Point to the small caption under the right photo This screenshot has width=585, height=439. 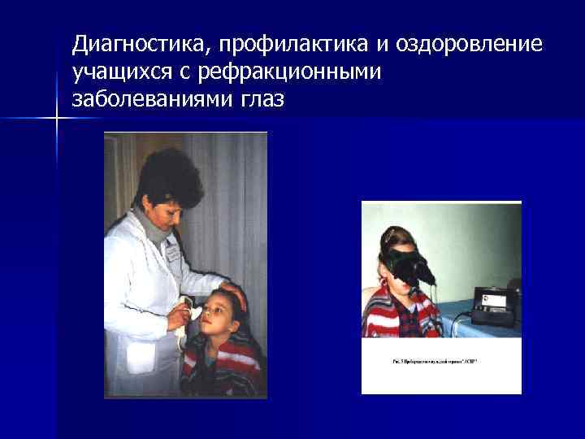coord(431,359)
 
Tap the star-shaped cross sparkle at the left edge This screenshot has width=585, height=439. coord(58,120)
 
